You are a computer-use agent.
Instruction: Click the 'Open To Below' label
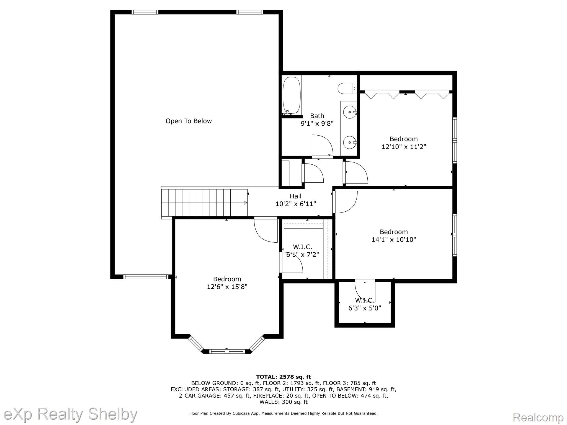pos(189,121)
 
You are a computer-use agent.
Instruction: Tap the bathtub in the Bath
pos(292,95)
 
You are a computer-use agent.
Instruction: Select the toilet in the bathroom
pos(347,88)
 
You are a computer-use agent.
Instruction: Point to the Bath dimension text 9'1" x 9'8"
pos(317,123)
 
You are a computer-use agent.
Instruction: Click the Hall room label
pos(296,196)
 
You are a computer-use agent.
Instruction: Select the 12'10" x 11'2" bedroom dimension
pos(404,147)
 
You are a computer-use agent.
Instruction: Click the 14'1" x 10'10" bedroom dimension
pos(394,240)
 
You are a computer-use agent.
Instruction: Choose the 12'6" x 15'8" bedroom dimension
pos(227,287)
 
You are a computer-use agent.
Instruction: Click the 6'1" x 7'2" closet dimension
pos(303,255)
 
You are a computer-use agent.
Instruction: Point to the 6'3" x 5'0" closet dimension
pos(365,308)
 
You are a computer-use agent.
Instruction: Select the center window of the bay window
pos(227,351)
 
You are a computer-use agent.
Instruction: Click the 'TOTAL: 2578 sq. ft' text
pos(283,377)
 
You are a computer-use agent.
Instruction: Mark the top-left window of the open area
pos(145,12)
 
